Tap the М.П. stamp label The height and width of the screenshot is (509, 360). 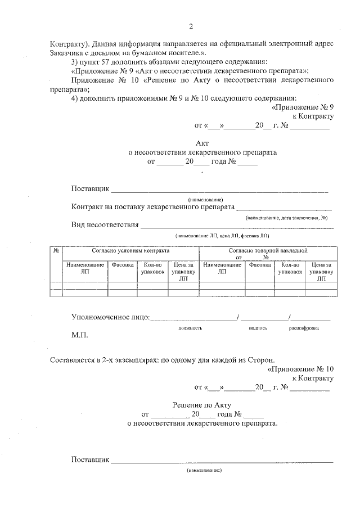point(80,335)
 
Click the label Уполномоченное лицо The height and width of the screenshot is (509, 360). point(110,318)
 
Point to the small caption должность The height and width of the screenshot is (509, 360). point(190,327)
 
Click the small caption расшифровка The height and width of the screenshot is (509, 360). point(304,327)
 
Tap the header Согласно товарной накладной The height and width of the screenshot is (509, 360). point(268,250)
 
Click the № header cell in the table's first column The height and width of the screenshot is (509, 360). point(56,250)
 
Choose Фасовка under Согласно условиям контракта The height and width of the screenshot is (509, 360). point(122,264)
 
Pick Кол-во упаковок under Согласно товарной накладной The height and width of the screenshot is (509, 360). point(290,267)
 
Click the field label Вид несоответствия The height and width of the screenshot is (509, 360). point(105,225)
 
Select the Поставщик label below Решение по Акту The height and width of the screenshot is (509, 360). point(90,460)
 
